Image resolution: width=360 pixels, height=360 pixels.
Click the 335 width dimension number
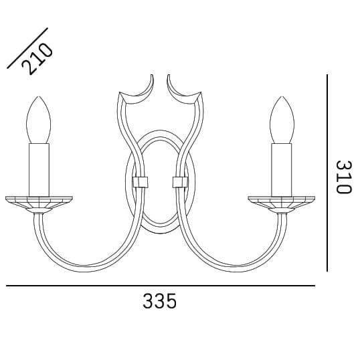coord(160,301)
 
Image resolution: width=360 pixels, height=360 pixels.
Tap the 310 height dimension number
coord(344,177)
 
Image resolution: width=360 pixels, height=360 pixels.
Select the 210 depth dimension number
coord(37,59)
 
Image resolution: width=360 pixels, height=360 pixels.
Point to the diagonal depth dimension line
coord(27,48)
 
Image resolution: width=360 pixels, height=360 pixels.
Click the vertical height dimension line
coord(327,173)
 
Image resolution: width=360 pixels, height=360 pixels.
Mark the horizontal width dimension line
coord(161,286)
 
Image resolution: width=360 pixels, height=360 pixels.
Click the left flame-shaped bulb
coord(39,120)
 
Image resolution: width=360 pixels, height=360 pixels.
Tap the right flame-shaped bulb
coord(282,120)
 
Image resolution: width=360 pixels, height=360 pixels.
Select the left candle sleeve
coord(39,170)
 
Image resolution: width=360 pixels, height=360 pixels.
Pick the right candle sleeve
coord(282,170)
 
